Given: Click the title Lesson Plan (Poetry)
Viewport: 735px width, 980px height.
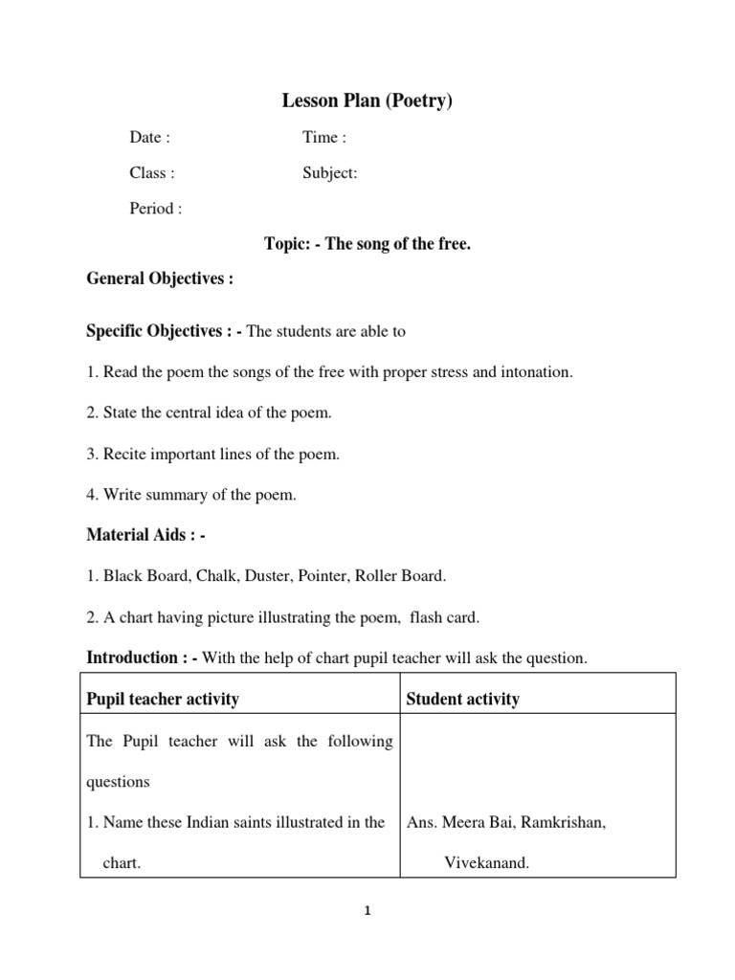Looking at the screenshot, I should (x=367, y=100).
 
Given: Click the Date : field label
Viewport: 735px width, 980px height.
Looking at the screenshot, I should (x=150, y=137).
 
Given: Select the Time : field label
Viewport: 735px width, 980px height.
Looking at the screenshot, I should (x=324, y=137).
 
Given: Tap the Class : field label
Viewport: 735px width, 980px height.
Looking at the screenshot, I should (x=152, y=173).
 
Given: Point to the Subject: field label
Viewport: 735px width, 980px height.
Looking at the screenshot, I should (x=330, y=173).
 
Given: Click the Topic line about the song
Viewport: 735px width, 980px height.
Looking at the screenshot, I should (x=367, y=244).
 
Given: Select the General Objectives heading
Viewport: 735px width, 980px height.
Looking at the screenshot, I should (x=160, y=278).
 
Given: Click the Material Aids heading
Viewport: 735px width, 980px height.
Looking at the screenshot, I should (x=146, y=535).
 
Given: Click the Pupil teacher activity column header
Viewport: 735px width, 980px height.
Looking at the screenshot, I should (x=163, y=699).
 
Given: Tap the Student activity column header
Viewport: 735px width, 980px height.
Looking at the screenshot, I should (x=463, y=699).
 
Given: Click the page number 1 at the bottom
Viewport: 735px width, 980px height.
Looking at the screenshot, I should (x=367, y=911).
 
